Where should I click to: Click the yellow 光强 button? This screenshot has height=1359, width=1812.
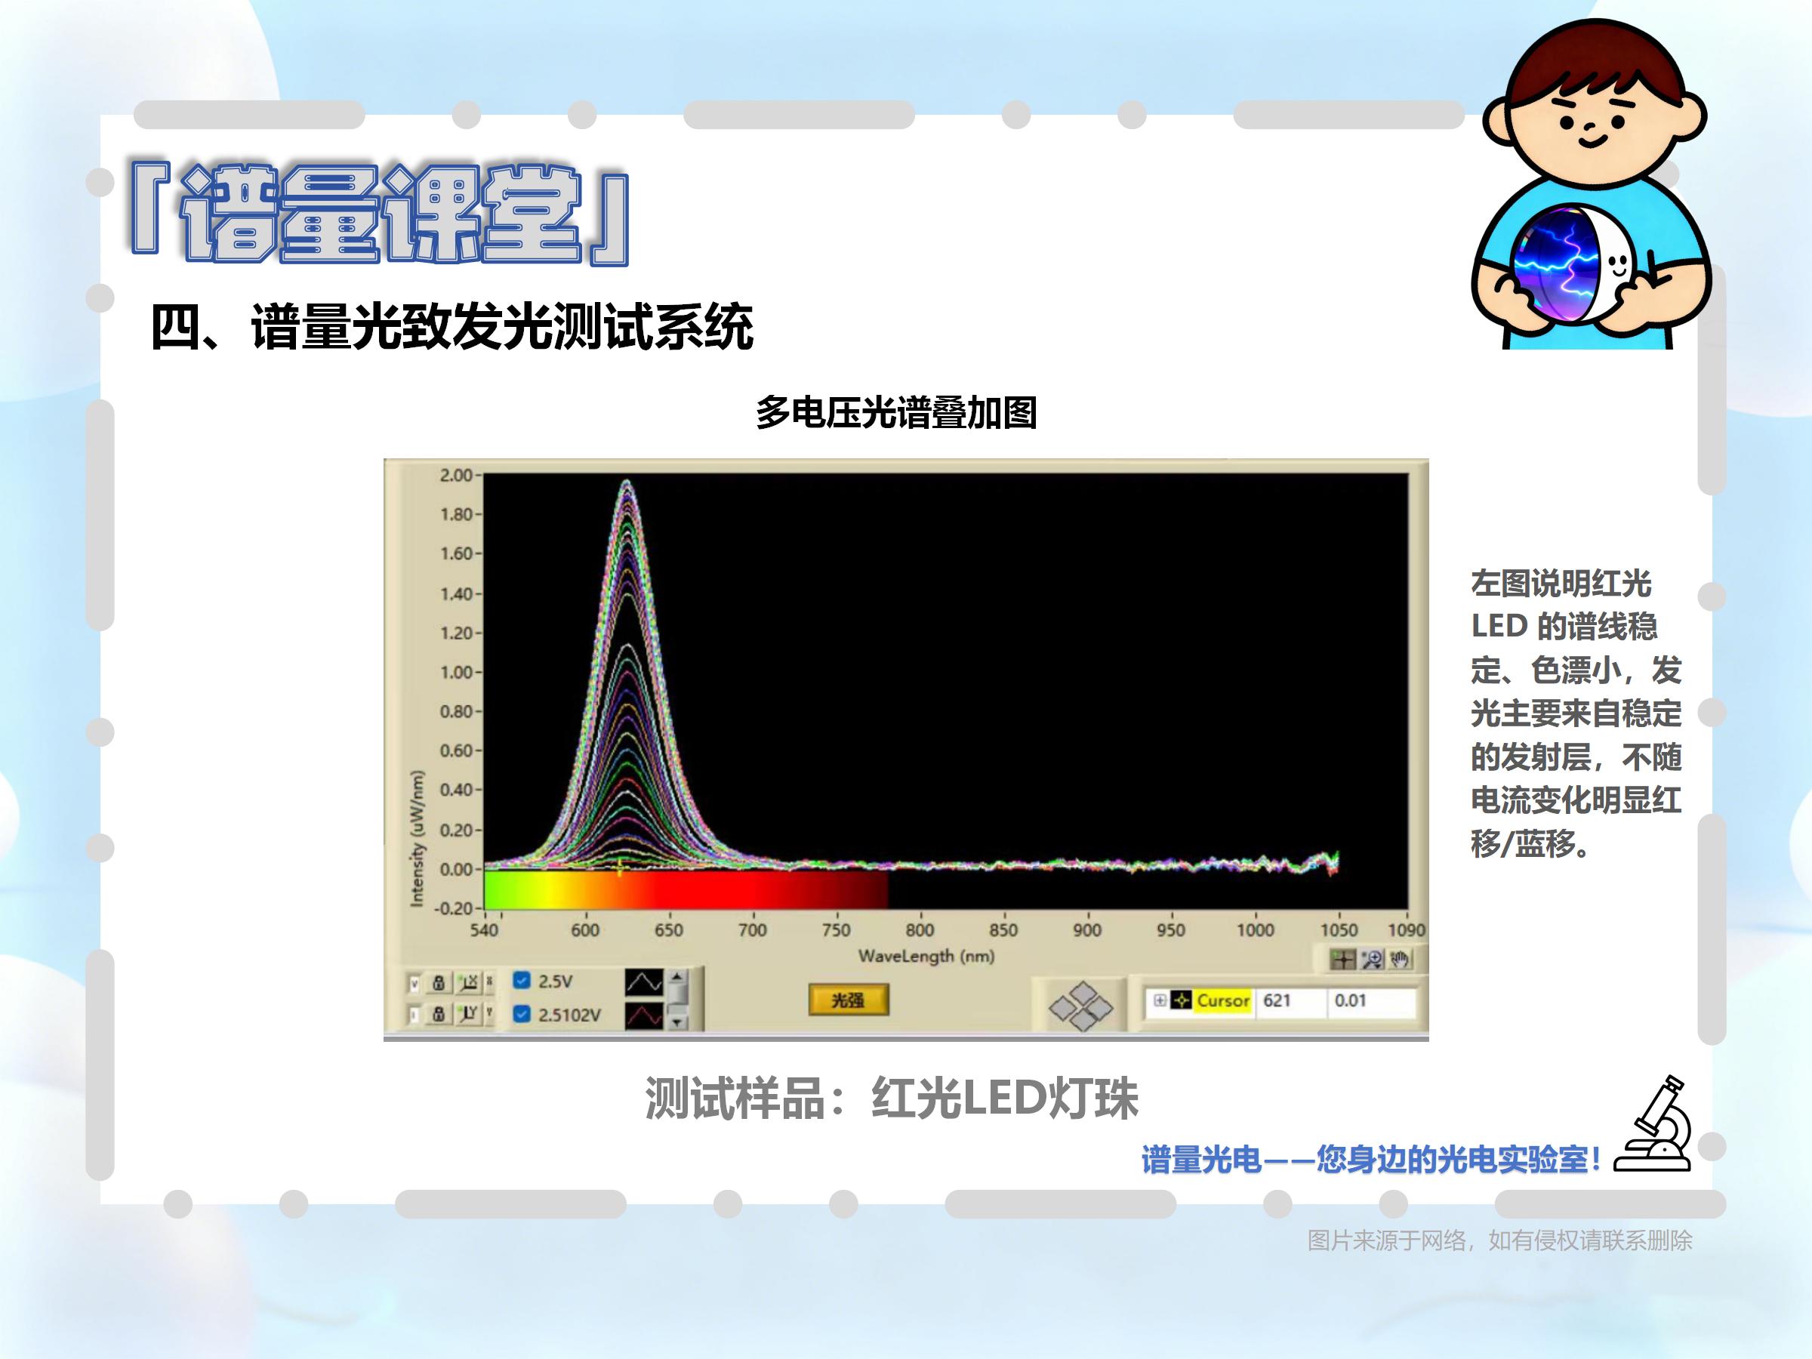tap(848, 1000)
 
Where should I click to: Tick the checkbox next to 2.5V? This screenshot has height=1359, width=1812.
tap(521, 981)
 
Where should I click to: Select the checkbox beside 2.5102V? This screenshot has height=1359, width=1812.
tap(521, 1014)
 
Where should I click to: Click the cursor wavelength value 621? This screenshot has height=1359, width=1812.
tap(1276, 1000)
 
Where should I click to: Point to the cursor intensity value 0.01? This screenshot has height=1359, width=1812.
tap(1350, 1000)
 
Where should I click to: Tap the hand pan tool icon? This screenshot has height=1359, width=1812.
tap(1399, 960)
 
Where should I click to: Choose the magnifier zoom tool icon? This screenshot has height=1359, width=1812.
tap(1371, 960)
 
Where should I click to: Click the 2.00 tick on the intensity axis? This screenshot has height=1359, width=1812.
tap(456, 475)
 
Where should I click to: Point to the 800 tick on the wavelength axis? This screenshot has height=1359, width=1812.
tap(920, 929)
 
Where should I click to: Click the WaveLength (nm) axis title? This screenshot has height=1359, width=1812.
tap(926, 956)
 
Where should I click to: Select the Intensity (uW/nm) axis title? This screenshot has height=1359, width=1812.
tap(417, 838)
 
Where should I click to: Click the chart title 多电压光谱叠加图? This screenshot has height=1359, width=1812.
tap(896, 412)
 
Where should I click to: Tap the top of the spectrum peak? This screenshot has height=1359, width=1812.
tap(627, 481)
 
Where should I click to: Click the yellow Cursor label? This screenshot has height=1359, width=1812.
tap(1222, 1000)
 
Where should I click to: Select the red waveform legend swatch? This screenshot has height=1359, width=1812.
tap(644, 1015)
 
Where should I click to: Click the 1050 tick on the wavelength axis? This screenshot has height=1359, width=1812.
tap(1339, 929)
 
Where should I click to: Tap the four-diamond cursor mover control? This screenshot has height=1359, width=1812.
tap(1081, 1006)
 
